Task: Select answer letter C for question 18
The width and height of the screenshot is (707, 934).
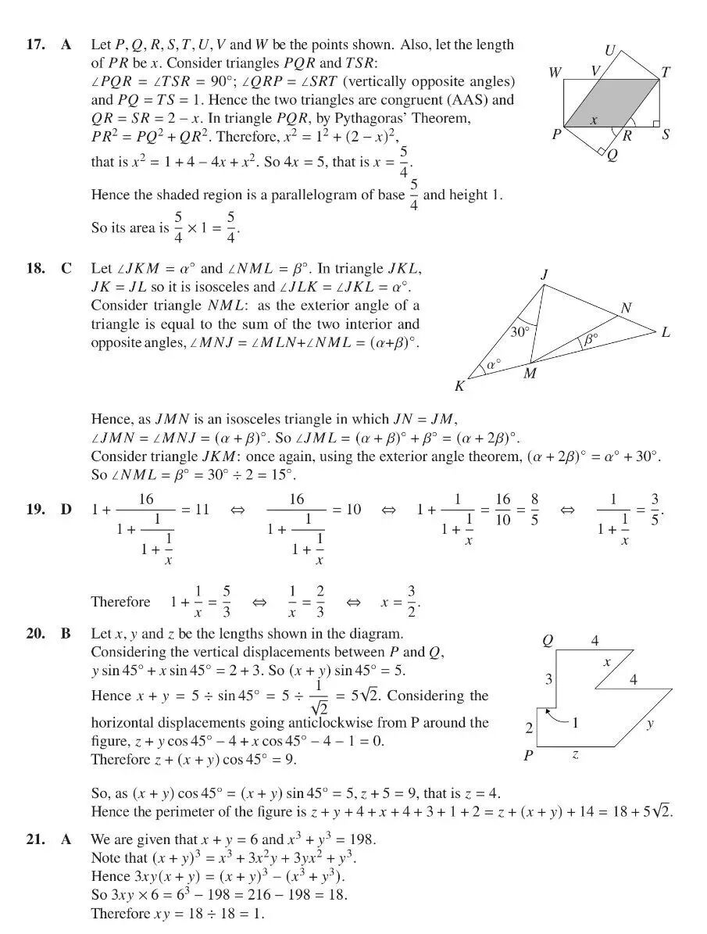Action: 67,269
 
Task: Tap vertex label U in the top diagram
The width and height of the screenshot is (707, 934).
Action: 609,51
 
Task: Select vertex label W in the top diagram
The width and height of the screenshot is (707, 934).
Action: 555,73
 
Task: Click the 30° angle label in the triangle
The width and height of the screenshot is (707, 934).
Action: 520,331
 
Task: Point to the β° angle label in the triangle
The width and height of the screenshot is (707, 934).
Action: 591,338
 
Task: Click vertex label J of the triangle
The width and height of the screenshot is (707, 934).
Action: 544,274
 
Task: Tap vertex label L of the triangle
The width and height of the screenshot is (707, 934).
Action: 666,333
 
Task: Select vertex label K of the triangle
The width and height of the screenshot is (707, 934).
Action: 459,385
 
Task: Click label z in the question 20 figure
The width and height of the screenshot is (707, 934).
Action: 576,756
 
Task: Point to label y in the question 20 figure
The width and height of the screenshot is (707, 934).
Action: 650,724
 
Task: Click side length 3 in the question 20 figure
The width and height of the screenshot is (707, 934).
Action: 548,679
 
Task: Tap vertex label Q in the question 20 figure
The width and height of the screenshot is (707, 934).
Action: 548,641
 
